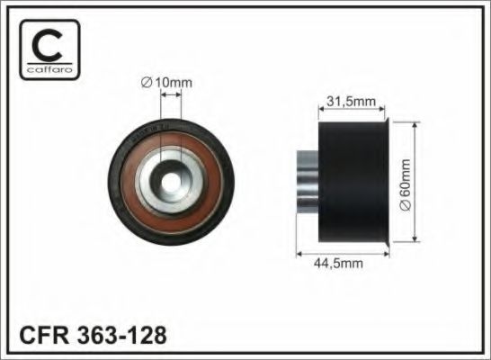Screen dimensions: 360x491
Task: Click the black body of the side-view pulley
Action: tap(351, 180)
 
